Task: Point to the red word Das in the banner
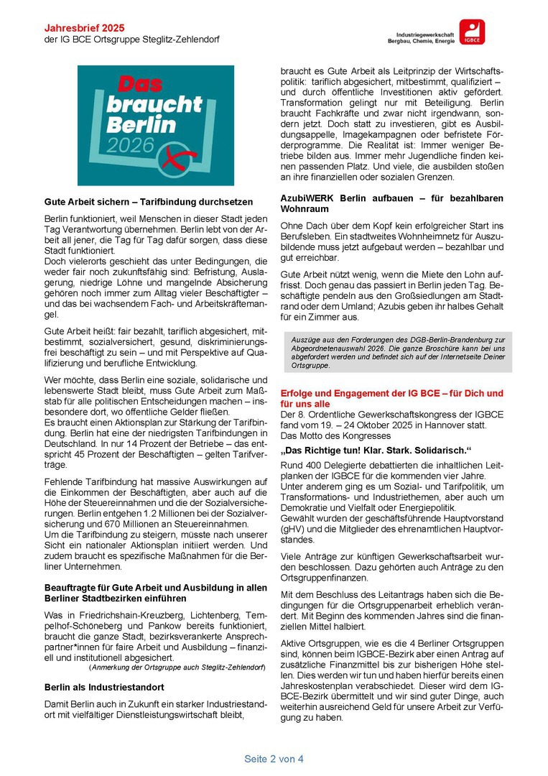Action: click(141, 84)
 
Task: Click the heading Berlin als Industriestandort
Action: click(104, 687)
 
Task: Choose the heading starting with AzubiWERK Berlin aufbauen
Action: click(391, 203)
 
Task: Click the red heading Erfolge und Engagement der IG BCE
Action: click(391, 399)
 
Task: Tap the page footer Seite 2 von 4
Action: click(274, 759)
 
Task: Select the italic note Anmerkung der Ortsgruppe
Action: click(172, 668)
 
